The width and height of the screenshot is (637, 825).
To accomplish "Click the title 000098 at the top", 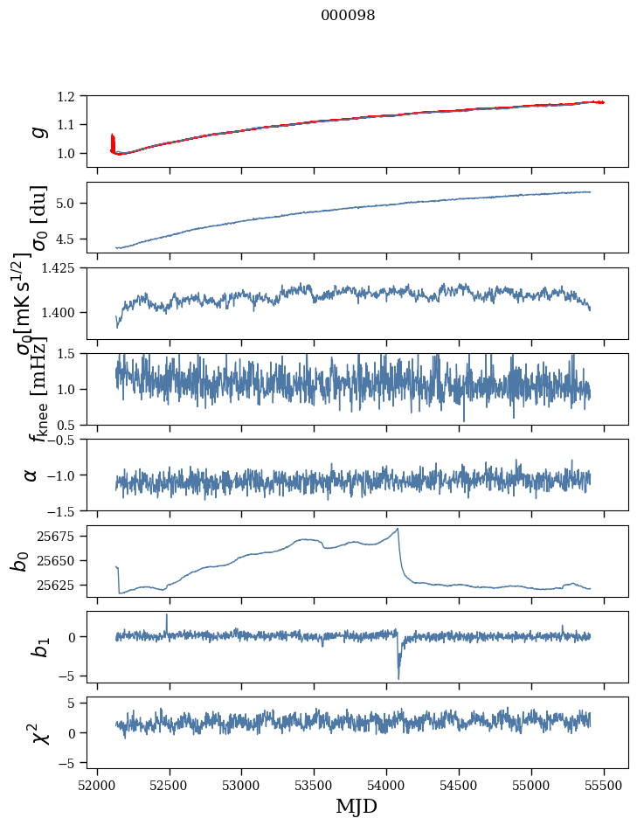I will tap(348, 16).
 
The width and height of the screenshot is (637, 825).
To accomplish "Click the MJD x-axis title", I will tap(356, 806).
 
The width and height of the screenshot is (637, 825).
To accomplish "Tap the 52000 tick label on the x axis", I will tap(97, 785).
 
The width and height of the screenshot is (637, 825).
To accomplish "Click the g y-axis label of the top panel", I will tap(37, 131).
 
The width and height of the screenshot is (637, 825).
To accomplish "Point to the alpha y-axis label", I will tap(31, 475).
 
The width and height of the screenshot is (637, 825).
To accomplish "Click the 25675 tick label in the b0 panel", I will tap(60, 536).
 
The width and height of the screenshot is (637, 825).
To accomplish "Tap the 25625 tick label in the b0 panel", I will tap(60, 585).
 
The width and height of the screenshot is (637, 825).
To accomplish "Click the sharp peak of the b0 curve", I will tap(398, 529).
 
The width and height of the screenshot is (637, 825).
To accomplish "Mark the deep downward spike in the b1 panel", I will tap(398, 678).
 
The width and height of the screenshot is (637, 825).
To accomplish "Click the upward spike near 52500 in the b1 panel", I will tap(167, 614).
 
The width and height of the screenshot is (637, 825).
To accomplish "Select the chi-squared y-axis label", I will tap(38, 732).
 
